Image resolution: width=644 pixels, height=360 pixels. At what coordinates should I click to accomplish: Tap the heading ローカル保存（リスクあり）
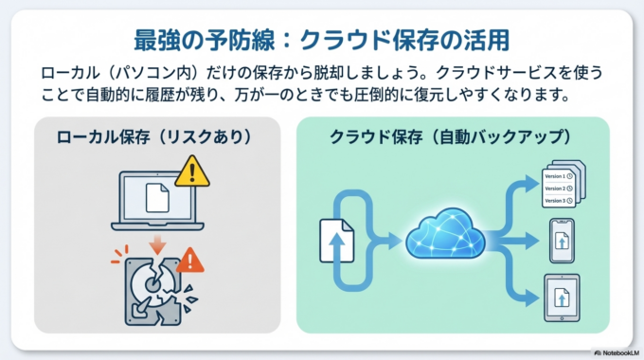(x=156, y=137)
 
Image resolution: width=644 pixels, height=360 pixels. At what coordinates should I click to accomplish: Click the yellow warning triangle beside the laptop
(x=191, y=171)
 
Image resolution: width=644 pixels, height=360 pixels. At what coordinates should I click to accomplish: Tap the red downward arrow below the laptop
(x=156, y=245)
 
